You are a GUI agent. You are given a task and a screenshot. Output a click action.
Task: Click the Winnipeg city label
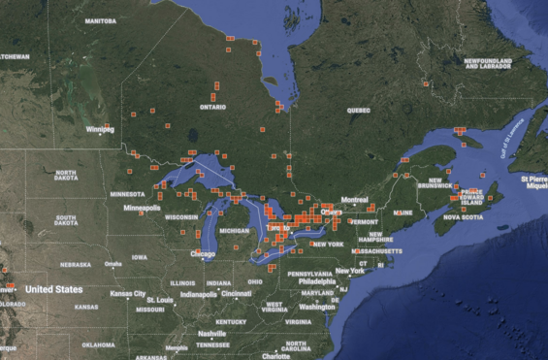click(x=100, y=128)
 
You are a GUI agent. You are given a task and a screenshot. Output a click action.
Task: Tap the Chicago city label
click(x=203, y=254)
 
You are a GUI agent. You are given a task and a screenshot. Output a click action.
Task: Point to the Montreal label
click(x=354, y=199)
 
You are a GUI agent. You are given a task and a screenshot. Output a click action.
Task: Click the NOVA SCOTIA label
click(x=466, y=217)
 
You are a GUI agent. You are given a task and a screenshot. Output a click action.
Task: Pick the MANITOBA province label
click(x=100, y=20)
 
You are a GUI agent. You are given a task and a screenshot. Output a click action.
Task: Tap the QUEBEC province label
click(x=359, y=111)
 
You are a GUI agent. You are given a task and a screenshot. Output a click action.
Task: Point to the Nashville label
click(x=211, y=333)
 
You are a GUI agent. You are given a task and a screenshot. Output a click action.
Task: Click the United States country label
click(x=53, y=289)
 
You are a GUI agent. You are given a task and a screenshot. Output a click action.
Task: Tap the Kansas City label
click(x=128, y=294)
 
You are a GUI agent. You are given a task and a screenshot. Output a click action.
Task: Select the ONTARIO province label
click(x=211, y=107)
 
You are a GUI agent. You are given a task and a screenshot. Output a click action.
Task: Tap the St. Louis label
click(x=160, y=300)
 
